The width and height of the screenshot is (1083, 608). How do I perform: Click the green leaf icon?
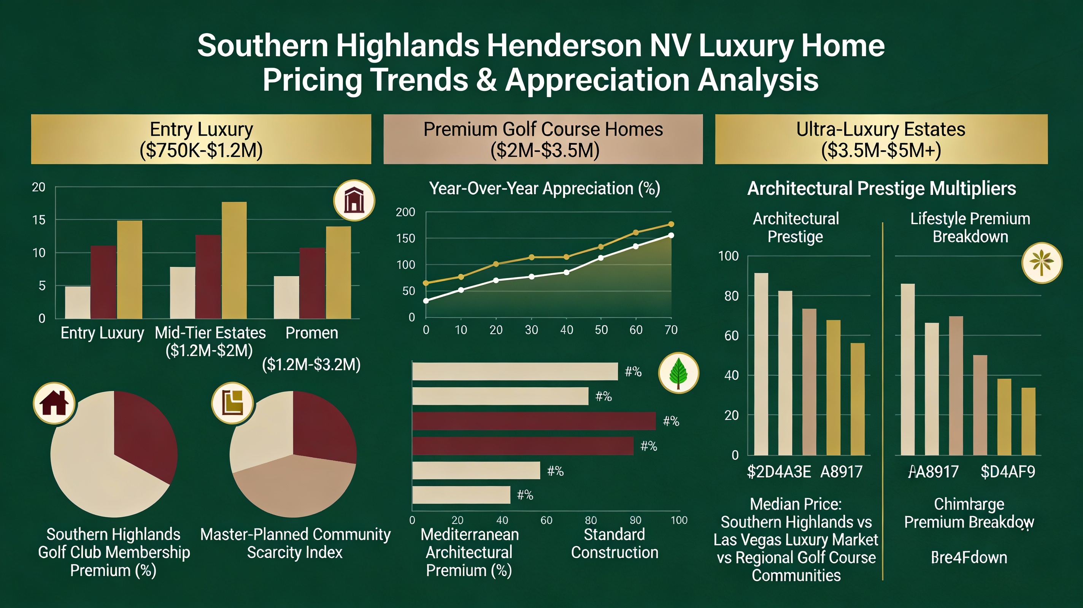(678, 373)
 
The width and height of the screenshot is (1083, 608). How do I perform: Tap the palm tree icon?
(1042, 263)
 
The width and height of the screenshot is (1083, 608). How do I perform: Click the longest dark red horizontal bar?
(534, 421)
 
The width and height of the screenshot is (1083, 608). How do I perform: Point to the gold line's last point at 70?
(671, 224)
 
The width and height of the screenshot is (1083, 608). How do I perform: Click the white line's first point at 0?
(426, 301)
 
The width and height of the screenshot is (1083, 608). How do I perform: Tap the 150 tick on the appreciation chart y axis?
(405, 238)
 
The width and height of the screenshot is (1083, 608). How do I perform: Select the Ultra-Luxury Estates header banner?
(881, 139)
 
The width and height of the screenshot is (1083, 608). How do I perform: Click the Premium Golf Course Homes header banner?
(543, 139)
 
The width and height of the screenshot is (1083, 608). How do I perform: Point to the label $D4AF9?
(1008, 472)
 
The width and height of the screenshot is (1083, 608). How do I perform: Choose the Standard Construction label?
(614, 543)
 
